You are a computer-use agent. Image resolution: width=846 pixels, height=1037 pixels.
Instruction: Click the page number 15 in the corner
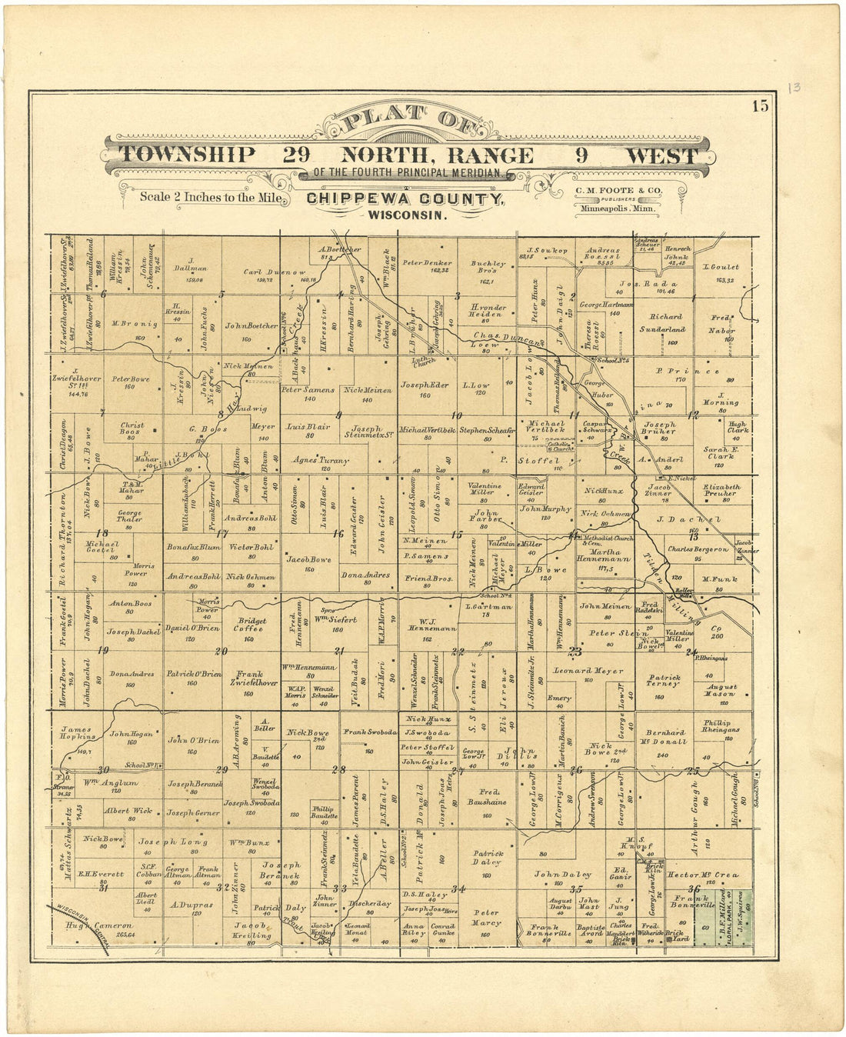point(760,106)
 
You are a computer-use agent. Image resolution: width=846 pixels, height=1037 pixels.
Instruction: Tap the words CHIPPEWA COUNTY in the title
point(405,199)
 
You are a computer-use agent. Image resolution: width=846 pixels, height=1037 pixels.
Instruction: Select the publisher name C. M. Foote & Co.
point(618,190)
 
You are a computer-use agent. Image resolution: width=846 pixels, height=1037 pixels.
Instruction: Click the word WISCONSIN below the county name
point(406,215)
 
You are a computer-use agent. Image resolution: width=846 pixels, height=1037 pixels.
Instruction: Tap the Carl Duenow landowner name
point(275,272)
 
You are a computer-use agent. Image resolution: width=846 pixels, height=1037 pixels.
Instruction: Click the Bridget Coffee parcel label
point(251,625)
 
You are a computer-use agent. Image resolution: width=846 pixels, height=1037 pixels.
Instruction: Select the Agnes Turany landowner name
point(321,461)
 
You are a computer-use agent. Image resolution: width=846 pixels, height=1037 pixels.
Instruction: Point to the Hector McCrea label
point(702,875)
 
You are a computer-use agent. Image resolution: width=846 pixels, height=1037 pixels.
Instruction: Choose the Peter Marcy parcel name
point(486,917)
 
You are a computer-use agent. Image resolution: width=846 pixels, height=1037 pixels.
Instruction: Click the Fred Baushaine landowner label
point(487,796)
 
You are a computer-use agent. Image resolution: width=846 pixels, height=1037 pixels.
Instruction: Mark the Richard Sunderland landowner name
point(665,322)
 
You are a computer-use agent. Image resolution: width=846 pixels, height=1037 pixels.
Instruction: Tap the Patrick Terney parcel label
point(663,682)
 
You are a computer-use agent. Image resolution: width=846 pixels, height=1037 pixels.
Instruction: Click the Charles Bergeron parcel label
point(697,549)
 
